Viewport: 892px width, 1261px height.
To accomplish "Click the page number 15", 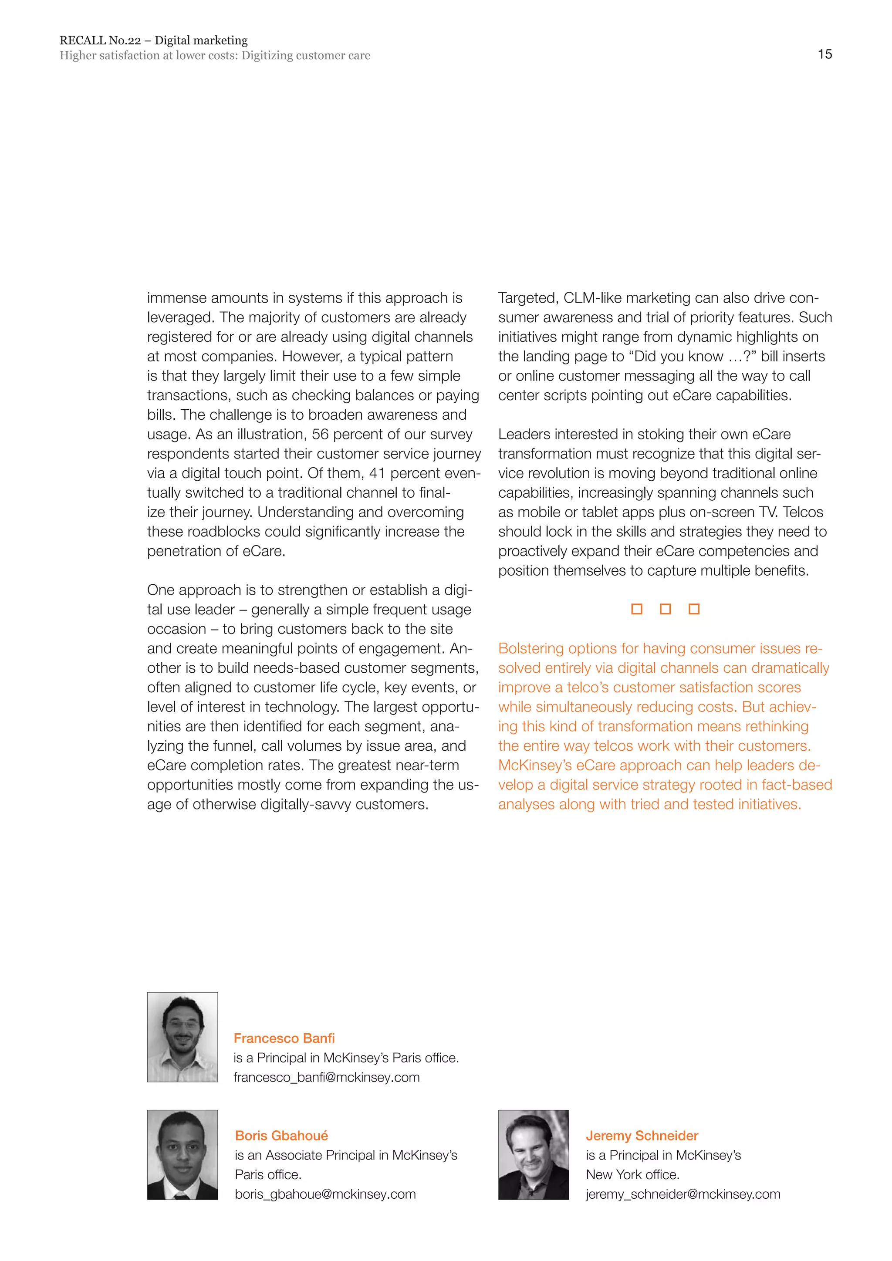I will coord(824,54).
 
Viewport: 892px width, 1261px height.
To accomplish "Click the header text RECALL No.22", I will coord(100,40).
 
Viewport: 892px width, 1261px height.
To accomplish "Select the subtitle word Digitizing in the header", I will coord(267,55).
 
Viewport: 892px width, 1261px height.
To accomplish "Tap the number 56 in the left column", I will coord(320,435).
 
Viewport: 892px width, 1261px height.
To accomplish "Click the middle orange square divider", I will coord(665,609).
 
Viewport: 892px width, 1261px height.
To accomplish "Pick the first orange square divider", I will coord(637,609).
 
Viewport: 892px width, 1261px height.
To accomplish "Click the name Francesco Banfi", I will coord(284,1038).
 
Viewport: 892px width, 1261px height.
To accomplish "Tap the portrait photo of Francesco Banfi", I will coord(182,1037).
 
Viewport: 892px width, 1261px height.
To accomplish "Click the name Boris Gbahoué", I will coord(281,1135).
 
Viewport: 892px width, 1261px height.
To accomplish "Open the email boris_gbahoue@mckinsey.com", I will coord(325,1194).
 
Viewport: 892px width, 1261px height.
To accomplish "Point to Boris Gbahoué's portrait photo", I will coord(182,1154).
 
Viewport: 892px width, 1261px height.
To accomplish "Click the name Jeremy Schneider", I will coord(642,1135).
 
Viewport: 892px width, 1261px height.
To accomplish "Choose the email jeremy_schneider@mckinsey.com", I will coord(683,1194).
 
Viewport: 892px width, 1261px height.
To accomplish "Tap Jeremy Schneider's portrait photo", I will coord(534,1154).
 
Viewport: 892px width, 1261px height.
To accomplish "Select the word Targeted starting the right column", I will coord(528,298).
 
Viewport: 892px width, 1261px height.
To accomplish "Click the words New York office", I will coord(632,1174).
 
